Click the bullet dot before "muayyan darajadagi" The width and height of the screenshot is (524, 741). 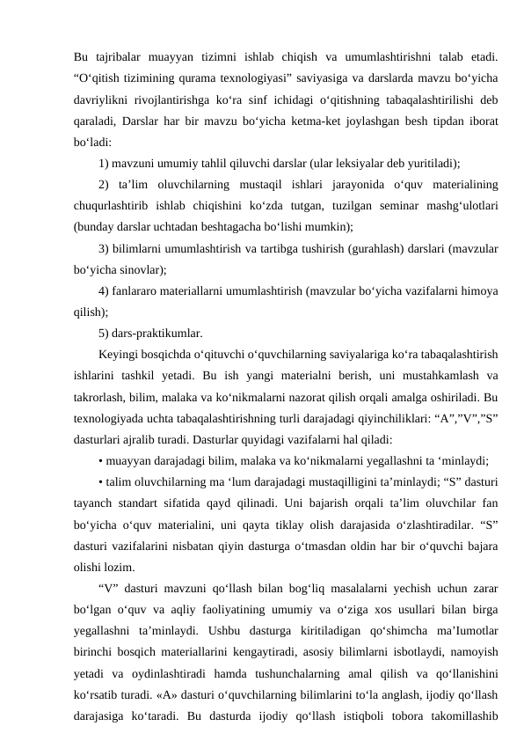click(x=102, y=460)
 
